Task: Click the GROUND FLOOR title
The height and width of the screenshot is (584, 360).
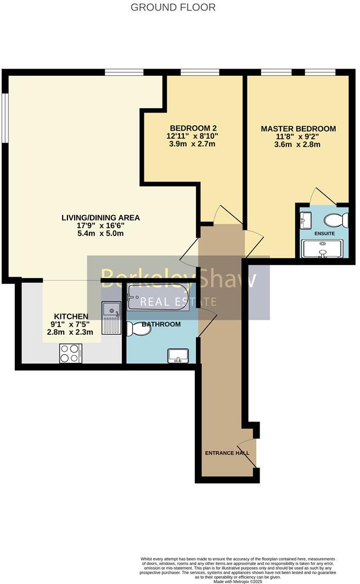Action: click(173, 8)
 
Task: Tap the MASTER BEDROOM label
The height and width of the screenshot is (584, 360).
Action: click(298, 129)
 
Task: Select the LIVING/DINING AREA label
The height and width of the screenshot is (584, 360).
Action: click(100, 218)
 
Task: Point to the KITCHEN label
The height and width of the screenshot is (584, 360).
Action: click(71, 316)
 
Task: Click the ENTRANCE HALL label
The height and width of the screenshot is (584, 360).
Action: click(227, 453)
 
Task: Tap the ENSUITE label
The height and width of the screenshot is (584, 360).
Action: click(324, 233)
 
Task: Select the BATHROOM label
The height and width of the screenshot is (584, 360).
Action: click(161, 324)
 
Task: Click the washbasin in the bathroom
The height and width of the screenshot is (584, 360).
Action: click(178, 356)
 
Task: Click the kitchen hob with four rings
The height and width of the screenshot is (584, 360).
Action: click(70, 353)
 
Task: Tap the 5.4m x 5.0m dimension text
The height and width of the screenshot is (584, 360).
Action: click(100, 233)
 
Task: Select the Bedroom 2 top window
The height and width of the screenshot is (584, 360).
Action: click(200, 72)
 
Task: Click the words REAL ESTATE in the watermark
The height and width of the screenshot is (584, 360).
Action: click(178, 301)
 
